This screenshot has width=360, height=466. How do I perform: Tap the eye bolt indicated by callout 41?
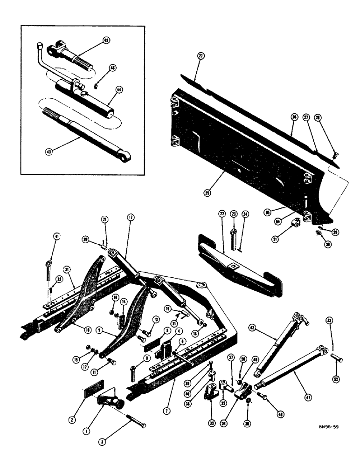click(x=48, y=271)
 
